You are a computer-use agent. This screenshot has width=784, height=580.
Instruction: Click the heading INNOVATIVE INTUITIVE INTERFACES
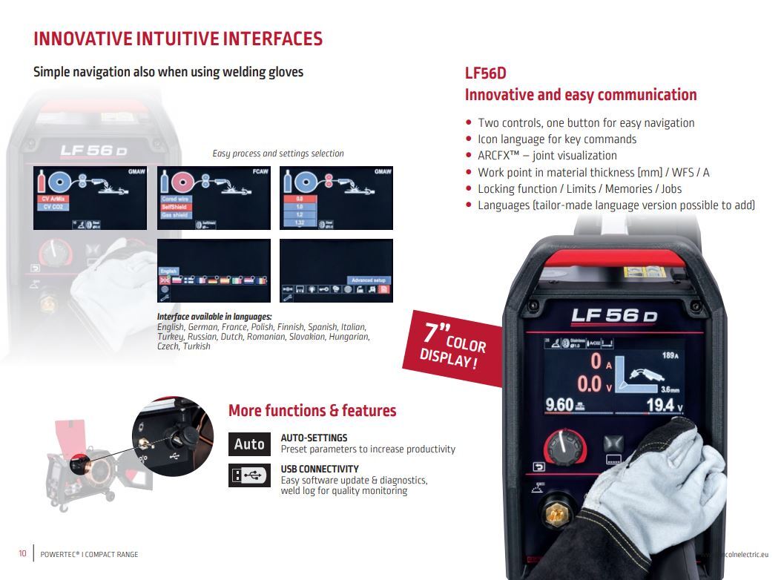[x=178, y=39]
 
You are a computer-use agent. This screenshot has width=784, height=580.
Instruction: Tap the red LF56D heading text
[x=485, y=73]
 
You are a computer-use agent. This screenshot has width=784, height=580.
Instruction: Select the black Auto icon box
[x=249, y=444]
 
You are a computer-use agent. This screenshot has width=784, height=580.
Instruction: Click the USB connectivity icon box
[x=249, y=475]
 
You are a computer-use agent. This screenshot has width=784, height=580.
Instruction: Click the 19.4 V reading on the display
[x=663, y=404]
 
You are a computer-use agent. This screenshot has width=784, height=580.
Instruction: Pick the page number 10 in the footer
[x=22, y=554]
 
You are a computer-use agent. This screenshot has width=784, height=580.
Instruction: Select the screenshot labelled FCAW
[x=212, y=198]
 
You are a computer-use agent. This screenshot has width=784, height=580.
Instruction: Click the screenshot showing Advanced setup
[x=336, y=270]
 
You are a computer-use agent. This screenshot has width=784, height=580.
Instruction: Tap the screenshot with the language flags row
[x=212, y=270]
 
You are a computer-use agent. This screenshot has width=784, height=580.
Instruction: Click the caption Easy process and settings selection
[x=278, y=154]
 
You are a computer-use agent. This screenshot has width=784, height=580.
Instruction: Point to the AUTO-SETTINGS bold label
[x=314, y=438]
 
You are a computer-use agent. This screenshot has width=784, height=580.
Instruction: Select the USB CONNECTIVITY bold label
[x=320, y=469]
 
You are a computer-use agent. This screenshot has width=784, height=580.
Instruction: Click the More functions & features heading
[x=312, y=411]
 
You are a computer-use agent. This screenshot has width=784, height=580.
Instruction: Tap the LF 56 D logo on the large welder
[x=614, y=315]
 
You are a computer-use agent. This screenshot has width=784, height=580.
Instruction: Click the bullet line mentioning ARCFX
[x=547, y=156]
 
